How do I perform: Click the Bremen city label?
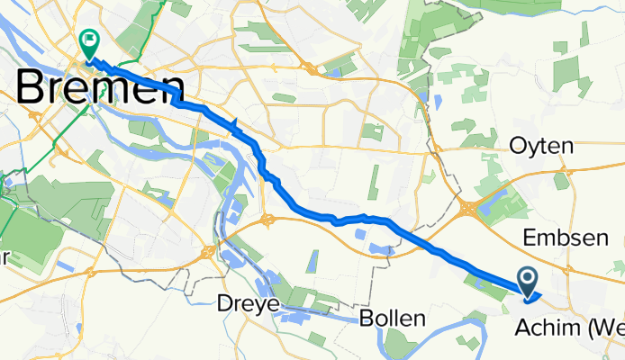(x=100, y=89)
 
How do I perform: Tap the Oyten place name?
(x=542, y=145)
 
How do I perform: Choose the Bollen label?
(x=392, y=319)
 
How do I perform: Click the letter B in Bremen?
(x=33, y=89)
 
